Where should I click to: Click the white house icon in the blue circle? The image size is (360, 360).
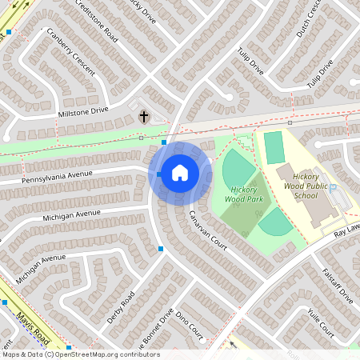(x=180, y=173)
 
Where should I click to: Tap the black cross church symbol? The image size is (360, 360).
(x=144, y=117)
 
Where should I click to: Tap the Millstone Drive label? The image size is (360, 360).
(x=82, y=113)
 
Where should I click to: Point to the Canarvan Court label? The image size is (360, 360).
(x=207, y=230)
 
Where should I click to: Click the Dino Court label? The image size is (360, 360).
(x=189, y=324)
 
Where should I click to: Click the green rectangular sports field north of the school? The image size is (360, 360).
(x=274, y=148)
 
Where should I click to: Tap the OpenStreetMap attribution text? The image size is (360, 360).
(x=80, y=354)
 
